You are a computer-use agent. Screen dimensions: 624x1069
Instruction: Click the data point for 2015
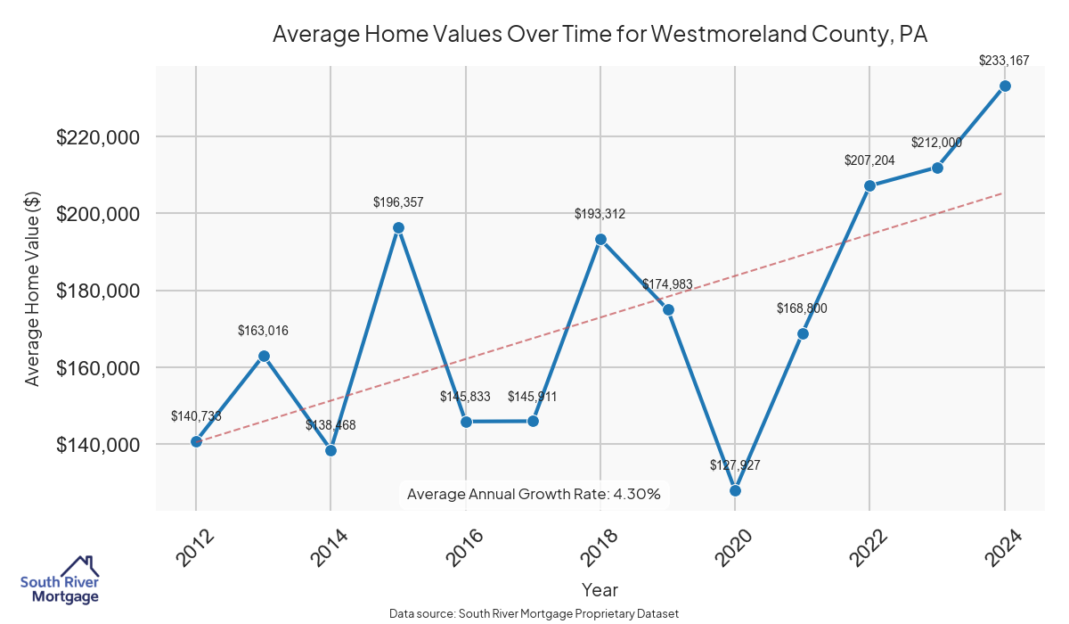pyautogui.click(x=398, y=228)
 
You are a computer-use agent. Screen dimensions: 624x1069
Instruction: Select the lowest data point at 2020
pyautogui.click(x=735, y=490)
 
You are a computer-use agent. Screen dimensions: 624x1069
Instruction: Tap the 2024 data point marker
pyautogui.click(x=1005, y=86)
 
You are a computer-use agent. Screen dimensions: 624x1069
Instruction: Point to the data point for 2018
pyautogui.click(x=600, y=240)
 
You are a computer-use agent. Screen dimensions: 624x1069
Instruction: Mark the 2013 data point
pyautogui.click(x=264, y=356)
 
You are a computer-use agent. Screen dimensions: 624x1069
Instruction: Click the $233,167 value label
pyautogui.click(x=1004, y=62)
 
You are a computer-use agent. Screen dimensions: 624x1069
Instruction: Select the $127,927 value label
pyautogui.click(x=735, y=465)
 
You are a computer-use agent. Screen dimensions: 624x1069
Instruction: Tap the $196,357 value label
pyautogui.click(x=398, y=202)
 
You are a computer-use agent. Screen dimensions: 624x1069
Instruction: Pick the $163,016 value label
pyautogui.click(x=263, y=331)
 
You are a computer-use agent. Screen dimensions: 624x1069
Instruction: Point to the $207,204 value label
pyautogui.click(x=869, y=160)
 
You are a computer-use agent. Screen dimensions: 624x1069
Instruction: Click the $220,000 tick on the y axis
pyautogui.click(x=98, y=138)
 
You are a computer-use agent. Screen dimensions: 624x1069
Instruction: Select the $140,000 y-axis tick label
pyautogui.click(x=98, y=445)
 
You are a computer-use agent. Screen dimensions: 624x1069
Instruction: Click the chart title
pyautogui.click(x=600, y=35)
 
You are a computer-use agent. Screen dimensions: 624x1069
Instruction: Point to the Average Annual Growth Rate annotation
pyautogui.click(x=534, y=494)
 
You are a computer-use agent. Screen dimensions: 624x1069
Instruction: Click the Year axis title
pyautogui.click(x=600, y=589)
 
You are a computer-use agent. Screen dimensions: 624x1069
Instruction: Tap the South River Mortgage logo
pyautogui.click(x=60, y=580)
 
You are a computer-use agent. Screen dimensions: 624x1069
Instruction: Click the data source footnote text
pyautogui.click(x=534, y=614)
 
